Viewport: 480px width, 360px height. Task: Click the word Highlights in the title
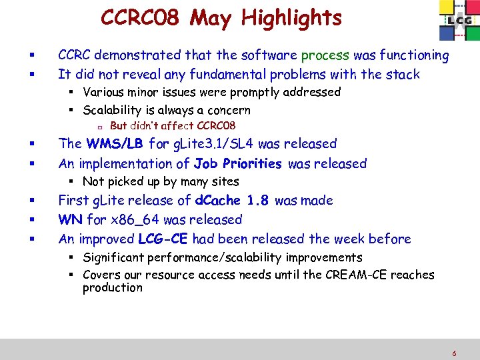(x=291, y=18)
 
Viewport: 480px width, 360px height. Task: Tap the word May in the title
(x=211, y=18)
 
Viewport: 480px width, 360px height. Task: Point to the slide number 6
(x=454, y=354)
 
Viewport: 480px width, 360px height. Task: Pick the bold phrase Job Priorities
(x=237, y=163)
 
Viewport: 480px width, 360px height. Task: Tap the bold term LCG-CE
(x=163, y=239)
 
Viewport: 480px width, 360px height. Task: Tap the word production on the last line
(x=112, y=288)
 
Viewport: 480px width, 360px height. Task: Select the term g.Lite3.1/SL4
(x=212, y=143)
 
